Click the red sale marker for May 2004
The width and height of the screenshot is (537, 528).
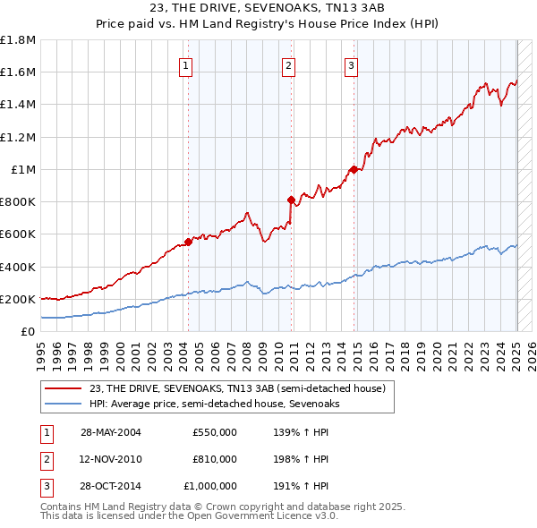189,241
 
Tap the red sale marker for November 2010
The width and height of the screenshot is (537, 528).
291,200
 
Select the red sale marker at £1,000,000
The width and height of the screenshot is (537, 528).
354,168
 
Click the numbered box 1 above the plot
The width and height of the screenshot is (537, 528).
185,64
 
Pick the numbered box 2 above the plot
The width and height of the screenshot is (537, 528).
288,64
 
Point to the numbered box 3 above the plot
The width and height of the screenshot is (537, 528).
351,64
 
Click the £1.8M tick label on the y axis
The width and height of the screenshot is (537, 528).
18,40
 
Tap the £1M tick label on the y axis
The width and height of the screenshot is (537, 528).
23,169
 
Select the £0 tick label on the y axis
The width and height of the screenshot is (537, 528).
29,331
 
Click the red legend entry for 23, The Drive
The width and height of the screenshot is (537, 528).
237,388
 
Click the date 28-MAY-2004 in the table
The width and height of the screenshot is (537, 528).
111,431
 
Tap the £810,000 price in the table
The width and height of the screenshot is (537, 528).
215,459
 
